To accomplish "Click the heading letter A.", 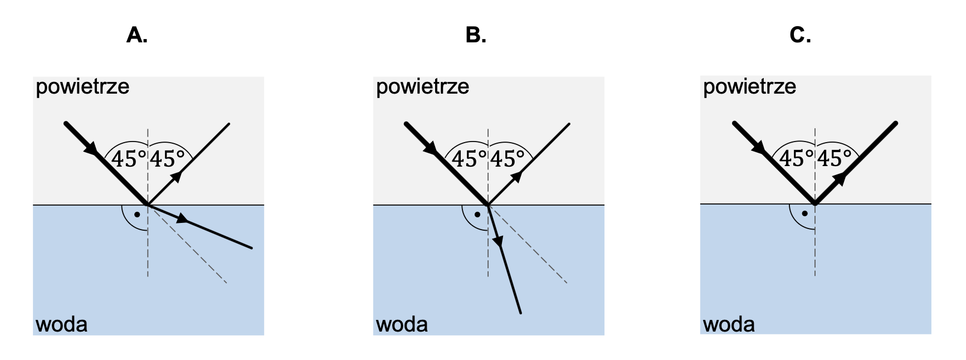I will [x=136, y=35].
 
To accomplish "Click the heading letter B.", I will [x=475, y=35].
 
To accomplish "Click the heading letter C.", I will [x=800, y=35].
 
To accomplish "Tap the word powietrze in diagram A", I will [x=82, y=87].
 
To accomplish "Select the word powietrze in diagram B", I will [x=422, y=87].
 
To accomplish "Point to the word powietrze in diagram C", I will [x=749, y=87].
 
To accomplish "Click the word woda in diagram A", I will [x=62, y=324].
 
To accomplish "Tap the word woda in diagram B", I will [x=402, y=324].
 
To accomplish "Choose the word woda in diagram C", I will [x=729, y=324].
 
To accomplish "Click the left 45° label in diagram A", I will [x=129, y=159].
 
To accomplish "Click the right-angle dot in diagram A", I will [x=137, y=215].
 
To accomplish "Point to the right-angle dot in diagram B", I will [x=477, y=215].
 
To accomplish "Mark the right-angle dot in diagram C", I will [x=804, y=213].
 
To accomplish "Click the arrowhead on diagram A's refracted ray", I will [x=182, y=219].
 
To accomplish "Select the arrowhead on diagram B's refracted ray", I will [x=498, y=241].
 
